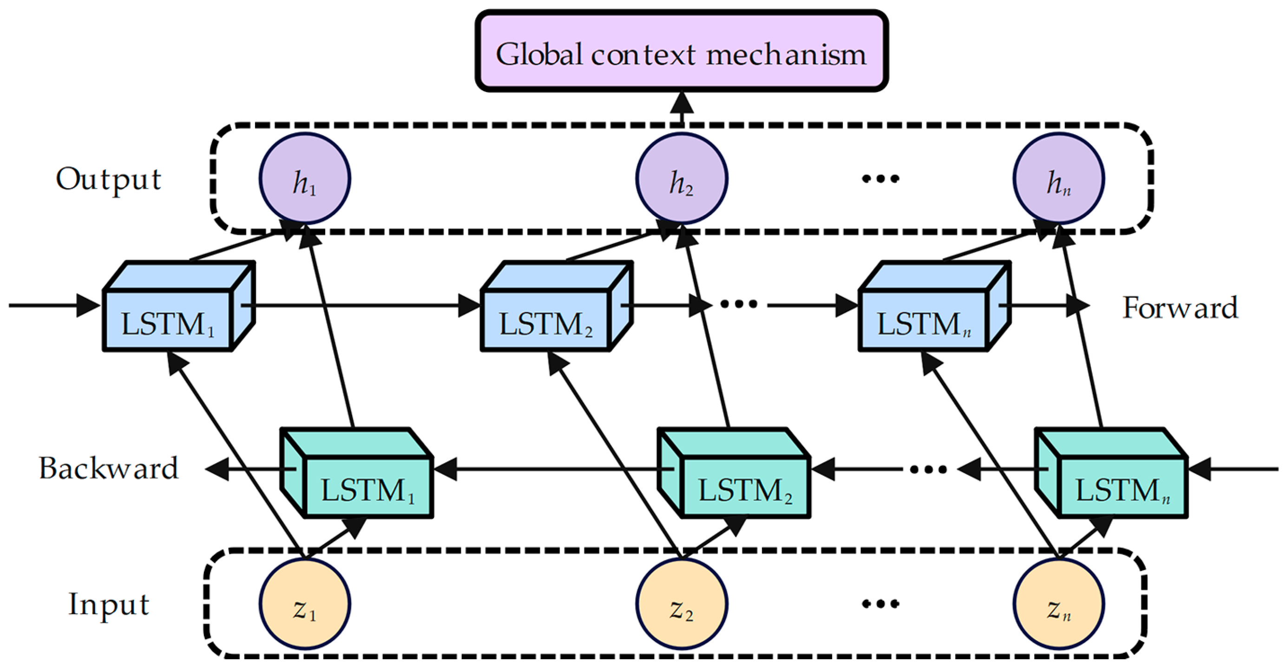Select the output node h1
click(304, 179)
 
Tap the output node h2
click(682, 179)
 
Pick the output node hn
click(1058, 179)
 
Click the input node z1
click(304, 604)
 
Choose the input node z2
click(682, 604)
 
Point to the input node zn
click(1058, 604)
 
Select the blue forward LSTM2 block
click(545, 322)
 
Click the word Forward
click(1180, 308)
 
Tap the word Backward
click(108, 468)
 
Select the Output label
click(108, 179)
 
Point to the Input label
click(108, 604)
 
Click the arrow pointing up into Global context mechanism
click(682, 107)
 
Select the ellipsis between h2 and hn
click(880, 178)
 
